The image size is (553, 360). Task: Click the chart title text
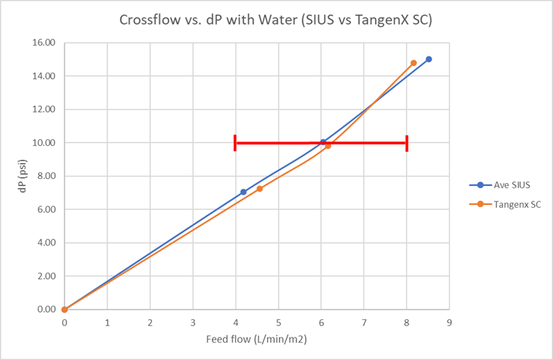[276, 20]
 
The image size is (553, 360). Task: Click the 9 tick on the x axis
[449, 323]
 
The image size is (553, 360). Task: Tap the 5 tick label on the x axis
[278, 323]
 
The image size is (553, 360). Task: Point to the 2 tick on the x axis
[150, 323]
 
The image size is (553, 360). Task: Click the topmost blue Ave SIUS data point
[428, 59]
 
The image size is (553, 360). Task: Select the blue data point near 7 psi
[243, 192]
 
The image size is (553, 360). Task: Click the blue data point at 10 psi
[323, 142]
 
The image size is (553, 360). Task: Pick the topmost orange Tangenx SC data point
[414, 63]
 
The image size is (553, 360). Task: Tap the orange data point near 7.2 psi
[259, 189]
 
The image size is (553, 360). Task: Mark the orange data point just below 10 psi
[328, 146]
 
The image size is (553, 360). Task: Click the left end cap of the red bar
[235, 142]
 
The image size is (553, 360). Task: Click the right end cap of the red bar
[406, 143]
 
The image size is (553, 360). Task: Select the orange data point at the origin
[64, 309]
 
